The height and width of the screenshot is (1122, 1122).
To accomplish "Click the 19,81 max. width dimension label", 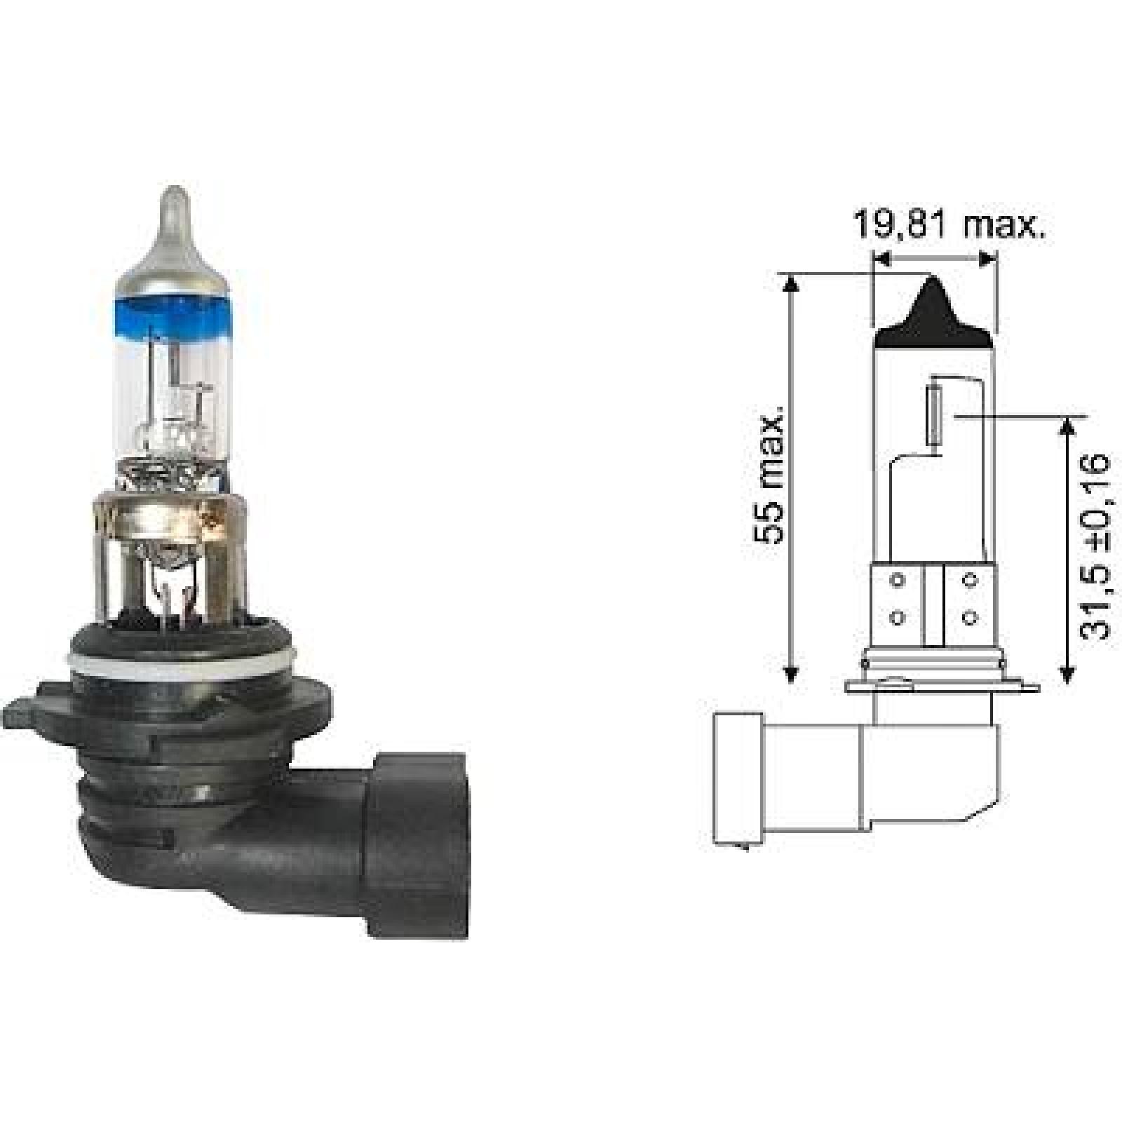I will (x=948, y=225).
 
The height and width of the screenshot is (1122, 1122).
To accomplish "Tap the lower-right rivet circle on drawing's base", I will (x=970, y=618).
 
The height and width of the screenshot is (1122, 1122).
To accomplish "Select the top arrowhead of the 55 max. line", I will (x=791, y=283).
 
